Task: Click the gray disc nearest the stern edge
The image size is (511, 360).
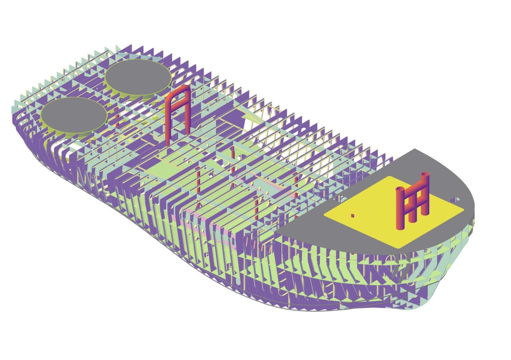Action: pos(73,114)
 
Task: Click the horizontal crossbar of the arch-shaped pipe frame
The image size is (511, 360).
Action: pos(178,107)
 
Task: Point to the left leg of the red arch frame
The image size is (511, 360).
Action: pos(168,122)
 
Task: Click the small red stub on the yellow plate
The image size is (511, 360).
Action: pos(352,216)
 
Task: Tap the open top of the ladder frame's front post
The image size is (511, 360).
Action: pos(400,189)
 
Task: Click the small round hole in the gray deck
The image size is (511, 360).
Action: pos(455,200)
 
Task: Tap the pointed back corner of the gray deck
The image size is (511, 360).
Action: pos(416,149)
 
